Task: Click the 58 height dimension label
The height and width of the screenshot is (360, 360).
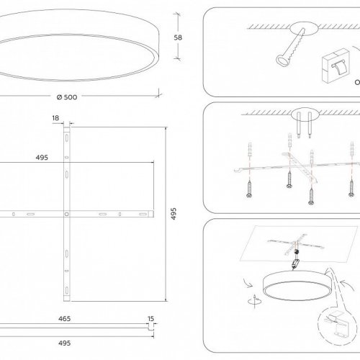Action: tap(178, 37)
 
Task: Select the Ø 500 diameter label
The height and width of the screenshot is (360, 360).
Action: tap(67, 97)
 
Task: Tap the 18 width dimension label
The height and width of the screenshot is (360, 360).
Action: tap(55, 118)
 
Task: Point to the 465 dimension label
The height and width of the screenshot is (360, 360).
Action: tap(65, 319)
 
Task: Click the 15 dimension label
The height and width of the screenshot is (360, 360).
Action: tap(150, 319)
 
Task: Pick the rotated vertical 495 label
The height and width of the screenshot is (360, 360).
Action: tap(174, 214)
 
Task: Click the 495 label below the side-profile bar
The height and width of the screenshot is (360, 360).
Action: tap(65, 343)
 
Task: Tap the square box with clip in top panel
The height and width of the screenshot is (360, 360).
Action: tap(336, 66)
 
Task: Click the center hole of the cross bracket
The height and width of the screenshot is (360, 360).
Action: tap(67, 214)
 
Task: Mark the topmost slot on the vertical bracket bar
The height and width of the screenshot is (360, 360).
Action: tap(67, 138)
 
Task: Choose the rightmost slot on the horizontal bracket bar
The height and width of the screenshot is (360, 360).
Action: tap(143, 214)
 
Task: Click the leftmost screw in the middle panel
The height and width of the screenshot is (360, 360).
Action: tap(249, 189)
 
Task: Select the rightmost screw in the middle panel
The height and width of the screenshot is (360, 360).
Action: tap(351, 188)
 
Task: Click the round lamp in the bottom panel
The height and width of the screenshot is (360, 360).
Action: tap(297, 285)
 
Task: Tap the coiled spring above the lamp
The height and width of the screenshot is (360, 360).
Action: tap(297, 252)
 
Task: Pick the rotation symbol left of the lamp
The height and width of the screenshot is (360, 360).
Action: tap(255, 301)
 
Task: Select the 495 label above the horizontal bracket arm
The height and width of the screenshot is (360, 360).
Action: tap(42, 158)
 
